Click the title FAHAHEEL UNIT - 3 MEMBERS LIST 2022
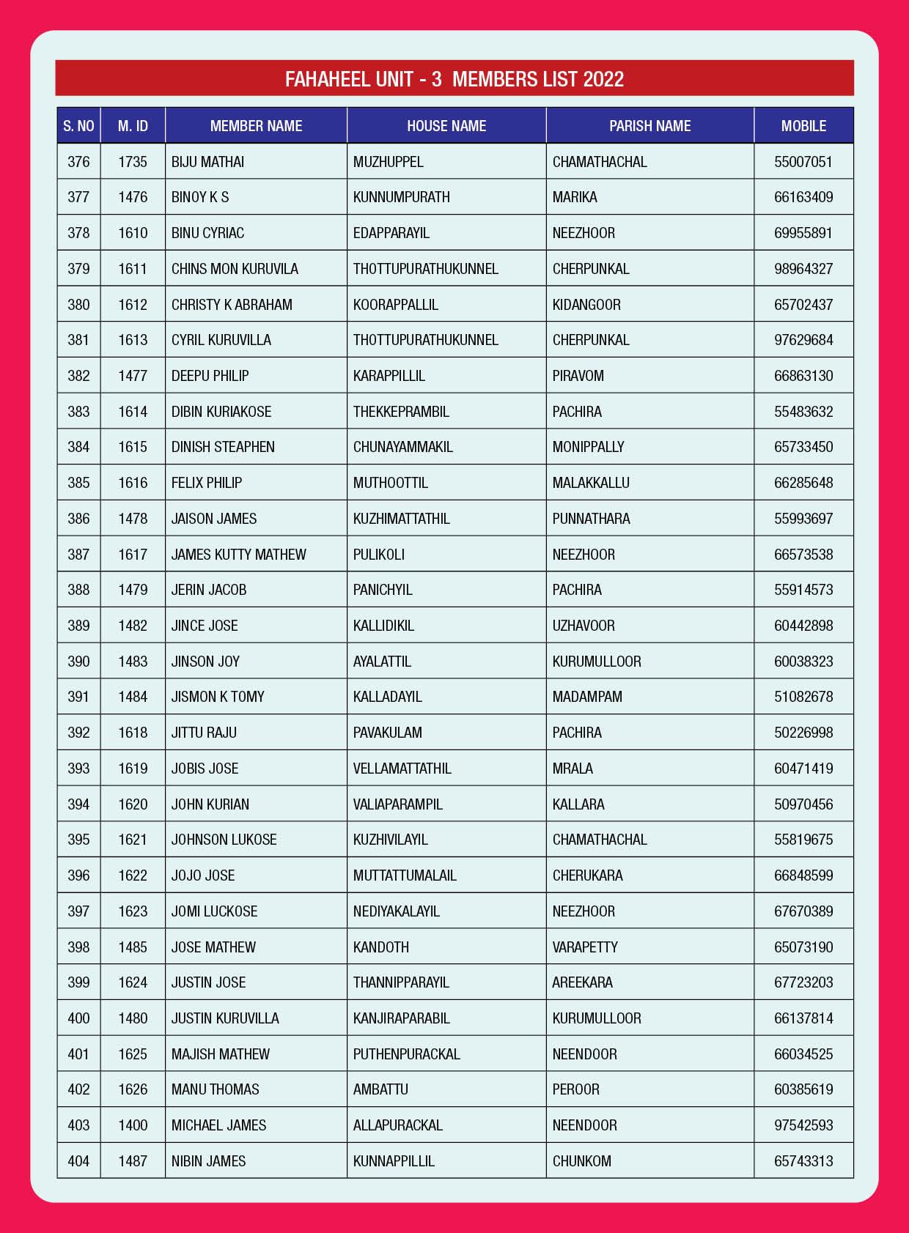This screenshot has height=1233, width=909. (454, 79)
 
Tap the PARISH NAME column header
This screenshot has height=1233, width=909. (649, 126)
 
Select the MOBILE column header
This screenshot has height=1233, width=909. (803, 126)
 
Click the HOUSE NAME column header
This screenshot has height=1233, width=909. (446, 126)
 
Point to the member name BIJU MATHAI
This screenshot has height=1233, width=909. (207, 162)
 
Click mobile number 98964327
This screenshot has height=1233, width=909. (803, 269)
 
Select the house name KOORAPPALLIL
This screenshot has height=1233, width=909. (395, 305)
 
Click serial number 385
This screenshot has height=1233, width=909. (78, 483)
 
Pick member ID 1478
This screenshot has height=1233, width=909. (133, 519)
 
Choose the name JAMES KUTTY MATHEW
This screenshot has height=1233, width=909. (238, 555)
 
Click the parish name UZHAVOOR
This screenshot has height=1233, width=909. (584, 626)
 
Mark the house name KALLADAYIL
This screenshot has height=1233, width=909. (387, 697)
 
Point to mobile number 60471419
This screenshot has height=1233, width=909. (803, 769)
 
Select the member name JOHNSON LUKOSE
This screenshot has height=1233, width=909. (224, 840)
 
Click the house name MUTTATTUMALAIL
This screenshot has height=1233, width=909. (405, 875)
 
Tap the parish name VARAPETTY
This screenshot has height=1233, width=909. (585, 947)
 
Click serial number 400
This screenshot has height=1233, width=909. (78, 1018)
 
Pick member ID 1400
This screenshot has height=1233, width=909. (133, 1125)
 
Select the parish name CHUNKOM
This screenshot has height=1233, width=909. (581, 1161)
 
